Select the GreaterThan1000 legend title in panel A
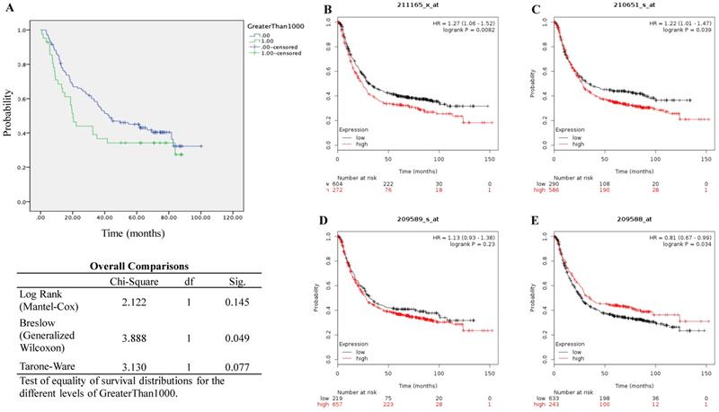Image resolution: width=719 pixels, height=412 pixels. [x=278, y=29]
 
